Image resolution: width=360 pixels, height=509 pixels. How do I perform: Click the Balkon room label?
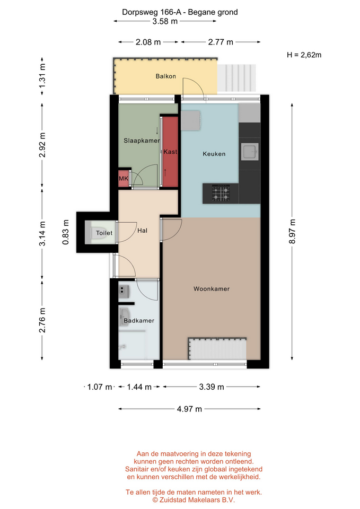[165, 76]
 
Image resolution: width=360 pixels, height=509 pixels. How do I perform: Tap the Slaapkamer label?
[142, 141]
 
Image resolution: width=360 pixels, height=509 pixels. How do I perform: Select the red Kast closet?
[170, 152]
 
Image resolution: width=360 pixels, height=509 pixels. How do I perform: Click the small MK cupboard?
[124, 179]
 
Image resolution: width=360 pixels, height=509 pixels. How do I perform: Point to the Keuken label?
[214, 154]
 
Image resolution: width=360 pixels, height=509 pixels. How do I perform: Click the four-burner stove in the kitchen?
[221, 193]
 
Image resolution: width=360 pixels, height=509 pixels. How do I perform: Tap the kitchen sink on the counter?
[250, 152]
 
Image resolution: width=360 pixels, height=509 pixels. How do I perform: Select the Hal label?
[142, 231]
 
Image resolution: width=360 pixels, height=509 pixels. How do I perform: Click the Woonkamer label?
[212, 288]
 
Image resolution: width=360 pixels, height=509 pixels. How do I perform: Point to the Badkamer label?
[139, 321]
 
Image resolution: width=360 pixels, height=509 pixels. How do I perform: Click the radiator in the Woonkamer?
[217, 348]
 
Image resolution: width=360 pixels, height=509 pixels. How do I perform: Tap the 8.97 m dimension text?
[292, 232]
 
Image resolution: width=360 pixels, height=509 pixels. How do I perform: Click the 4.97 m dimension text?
[189, 409]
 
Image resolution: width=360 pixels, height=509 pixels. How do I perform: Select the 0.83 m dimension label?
[66, 232]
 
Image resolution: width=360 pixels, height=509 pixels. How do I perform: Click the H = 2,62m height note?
[304, 55]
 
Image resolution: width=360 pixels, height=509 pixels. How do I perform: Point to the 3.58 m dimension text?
[165, 21]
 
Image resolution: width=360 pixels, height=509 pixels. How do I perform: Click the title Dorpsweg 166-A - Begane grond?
[180, 12]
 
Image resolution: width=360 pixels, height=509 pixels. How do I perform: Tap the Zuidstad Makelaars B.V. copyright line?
[194, 500]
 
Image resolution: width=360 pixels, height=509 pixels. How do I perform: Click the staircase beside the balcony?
[237, 78]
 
